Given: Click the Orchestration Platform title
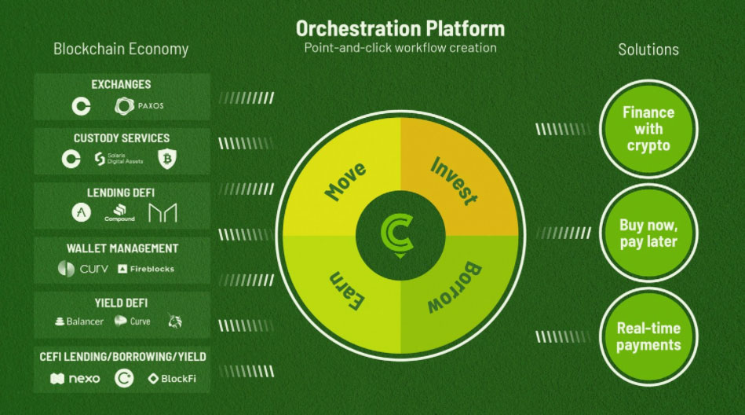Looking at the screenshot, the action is point(400,28).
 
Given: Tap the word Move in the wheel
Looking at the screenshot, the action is point(345,181).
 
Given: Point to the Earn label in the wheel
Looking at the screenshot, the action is point(347,290).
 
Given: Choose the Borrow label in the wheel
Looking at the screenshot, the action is point(455,287).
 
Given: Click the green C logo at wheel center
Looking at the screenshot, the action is point(397,233).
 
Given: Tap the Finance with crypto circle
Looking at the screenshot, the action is point(648,129).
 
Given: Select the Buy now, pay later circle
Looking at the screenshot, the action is point(648,233).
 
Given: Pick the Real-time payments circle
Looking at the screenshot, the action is point(648,336).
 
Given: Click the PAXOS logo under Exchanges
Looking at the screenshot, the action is point(139,105).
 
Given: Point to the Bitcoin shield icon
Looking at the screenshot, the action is point(166,159).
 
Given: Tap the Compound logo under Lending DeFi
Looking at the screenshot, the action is point(120,213).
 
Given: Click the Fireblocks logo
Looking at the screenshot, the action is point(146,269).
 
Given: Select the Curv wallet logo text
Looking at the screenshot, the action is point(94,269).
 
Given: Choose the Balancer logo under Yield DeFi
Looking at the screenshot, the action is point(79,321).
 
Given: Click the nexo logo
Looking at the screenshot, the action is point(75,379).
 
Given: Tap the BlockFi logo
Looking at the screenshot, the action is point(172,379).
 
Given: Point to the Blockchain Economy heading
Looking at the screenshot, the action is point(121,49).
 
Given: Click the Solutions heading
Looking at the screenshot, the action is point(648,50).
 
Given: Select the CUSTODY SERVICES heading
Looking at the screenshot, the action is point(122,138).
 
